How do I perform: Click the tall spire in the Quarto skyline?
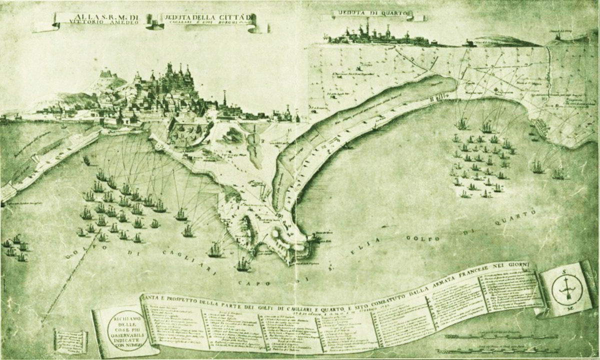367,25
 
